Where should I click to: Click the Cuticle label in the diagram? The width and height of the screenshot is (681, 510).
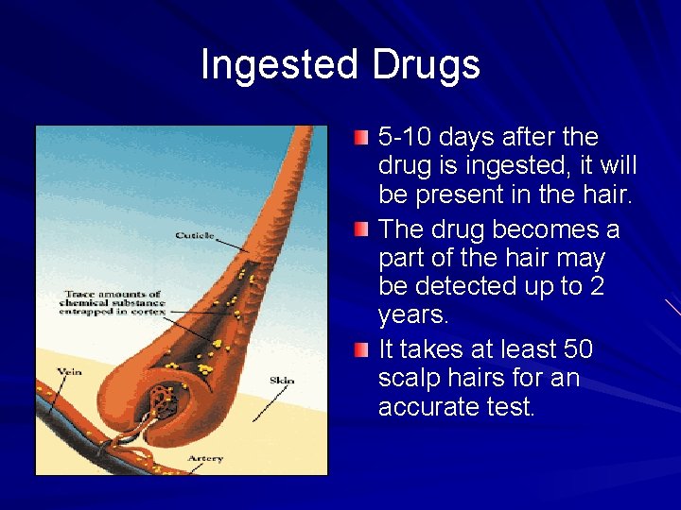point(195,235)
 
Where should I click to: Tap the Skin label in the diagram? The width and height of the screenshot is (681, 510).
point(282,380)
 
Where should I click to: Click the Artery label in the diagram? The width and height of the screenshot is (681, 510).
point(205,458)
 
